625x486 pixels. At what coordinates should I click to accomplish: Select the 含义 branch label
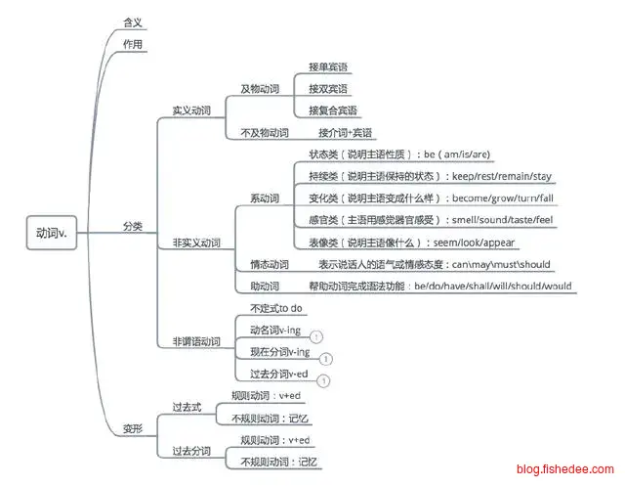[133, 20]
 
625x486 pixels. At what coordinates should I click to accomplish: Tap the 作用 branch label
[133, 44]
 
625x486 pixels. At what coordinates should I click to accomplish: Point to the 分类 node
[133, 226]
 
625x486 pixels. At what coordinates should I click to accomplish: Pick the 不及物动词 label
[264, 132]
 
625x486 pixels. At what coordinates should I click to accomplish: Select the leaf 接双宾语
[328, 88]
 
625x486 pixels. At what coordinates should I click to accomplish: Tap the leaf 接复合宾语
[332, 110]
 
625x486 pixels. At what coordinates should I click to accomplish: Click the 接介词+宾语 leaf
[346, 132]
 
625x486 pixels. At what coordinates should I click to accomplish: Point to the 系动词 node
[264, 199]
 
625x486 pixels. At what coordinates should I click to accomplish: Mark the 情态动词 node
[264, 264]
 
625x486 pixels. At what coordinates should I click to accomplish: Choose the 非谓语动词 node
[195, 341]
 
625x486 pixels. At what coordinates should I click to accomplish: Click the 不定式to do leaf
[276, 308]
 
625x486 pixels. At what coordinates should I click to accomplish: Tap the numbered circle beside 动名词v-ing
[316, 336]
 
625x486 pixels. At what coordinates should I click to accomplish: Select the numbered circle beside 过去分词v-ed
[324, 380]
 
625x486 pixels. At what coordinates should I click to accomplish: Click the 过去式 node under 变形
[186, 407]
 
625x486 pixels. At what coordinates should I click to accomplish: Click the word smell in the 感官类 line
[466, 220]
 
